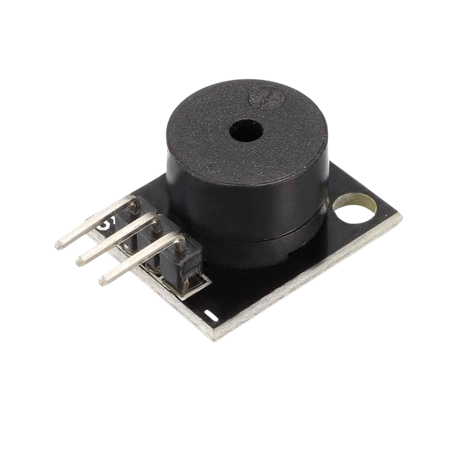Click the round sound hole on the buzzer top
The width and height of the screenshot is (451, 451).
[x=246, y=131]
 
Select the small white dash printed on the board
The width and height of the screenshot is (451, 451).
[x=210, y=316]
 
